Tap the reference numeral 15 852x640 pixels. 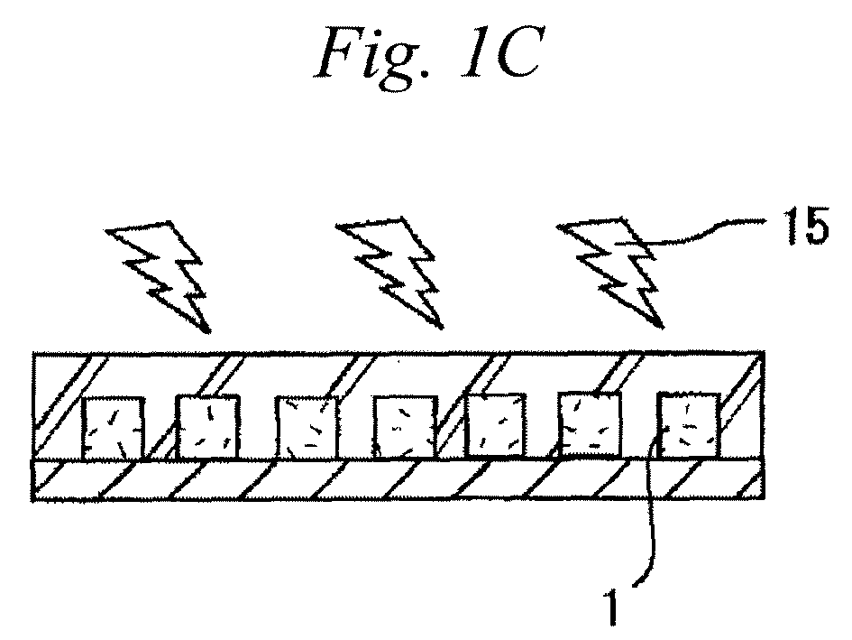click(805, 226)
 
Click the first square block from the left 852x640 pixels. click(113, 428)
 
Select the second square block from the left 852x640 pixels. click(207, 427)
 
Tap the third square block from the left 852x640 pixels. click(307, 427)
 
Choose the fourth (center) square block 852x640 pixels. click(406, 427)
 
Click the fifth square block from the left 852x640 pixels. click(496, 425)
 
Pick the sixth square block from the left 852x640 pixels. click(590, 424)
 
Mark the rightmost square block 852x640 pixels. click(689, 424)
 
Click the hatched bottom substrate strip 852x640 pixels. click(399, 479)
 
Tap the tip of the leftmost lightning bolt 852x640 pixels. click(208, 331)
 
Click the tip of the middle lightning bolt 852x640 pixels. click(441, 327)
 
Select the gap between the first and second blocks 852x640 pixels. click(160, 430)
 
